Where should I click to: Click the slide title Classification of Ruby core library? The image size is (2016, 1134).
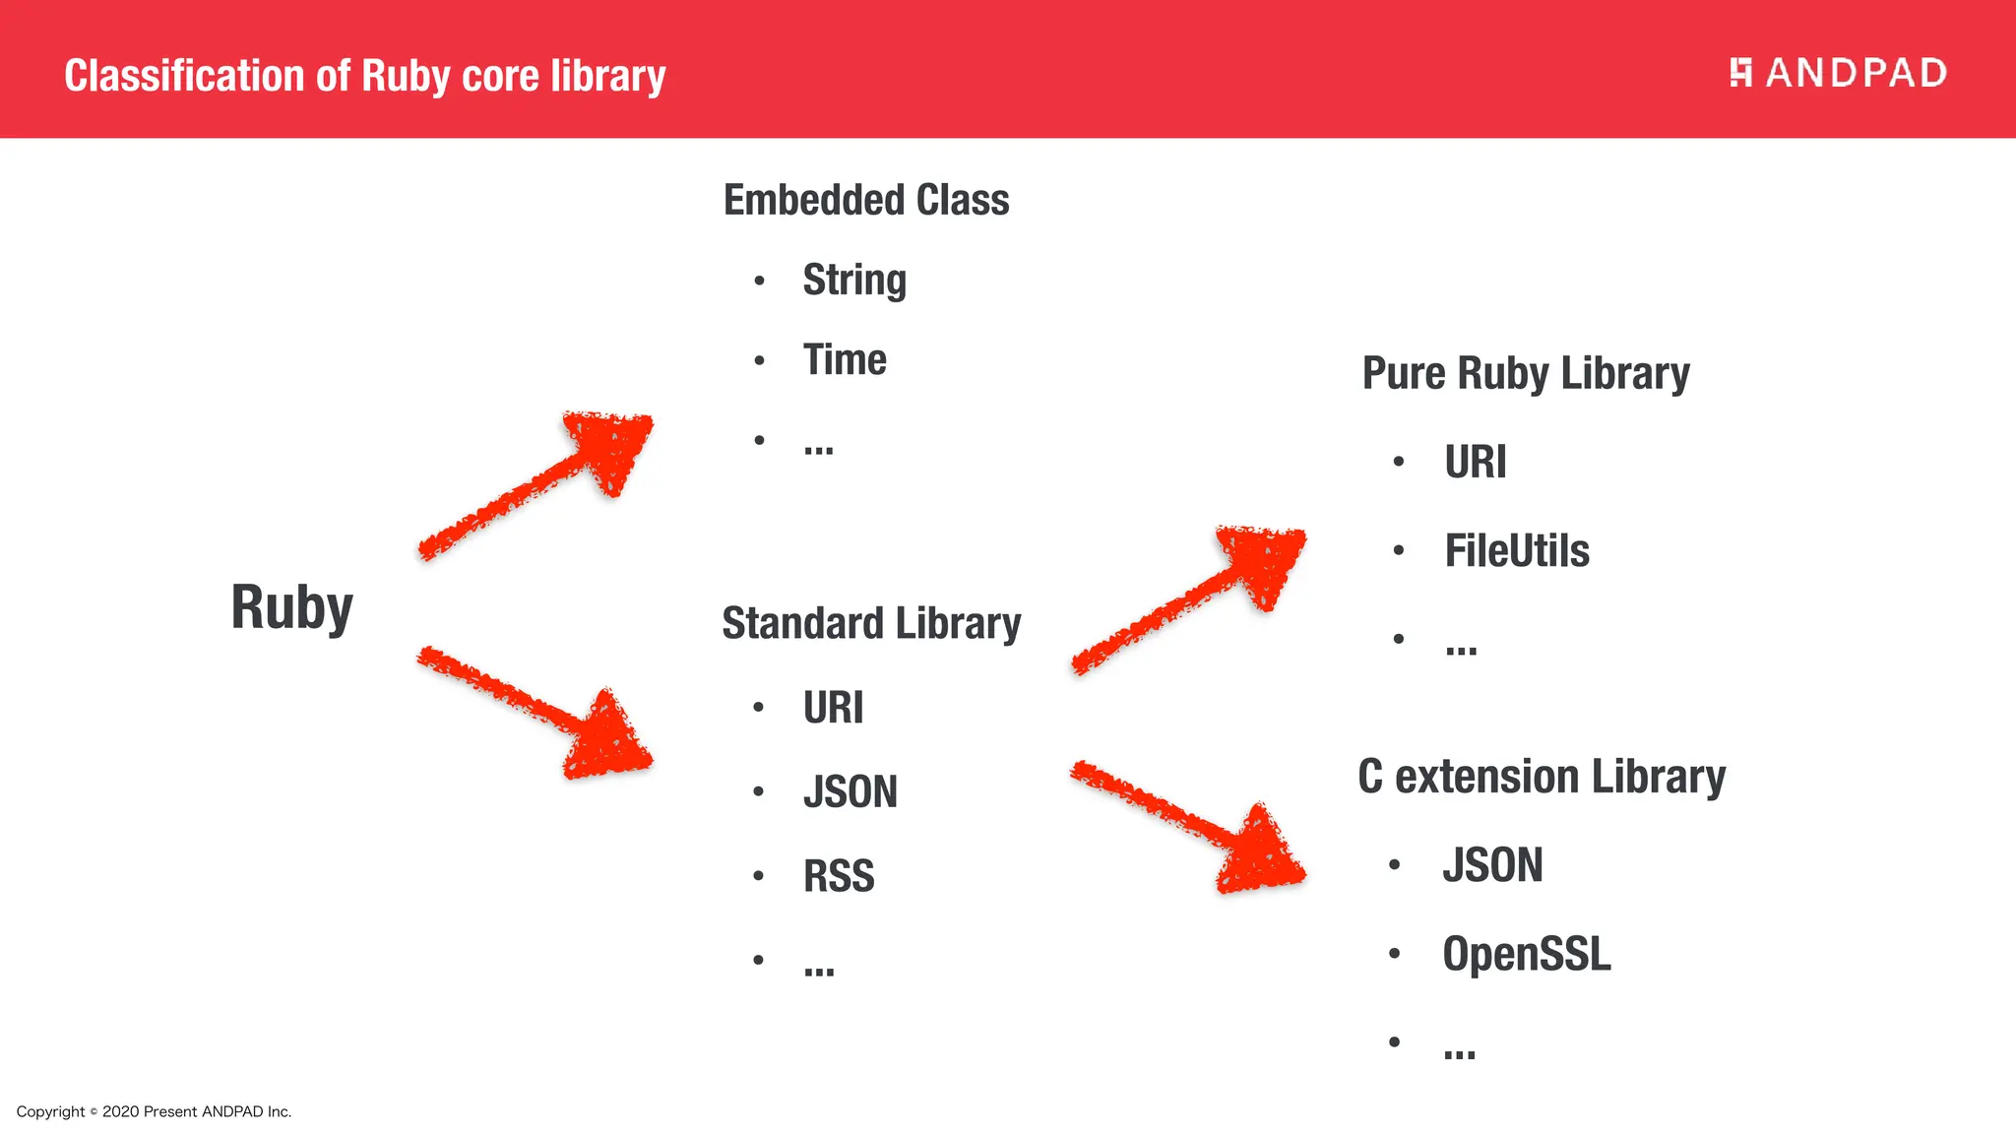[364, 76]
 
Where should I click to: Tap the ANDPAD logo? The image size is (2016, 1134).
[1838, 73]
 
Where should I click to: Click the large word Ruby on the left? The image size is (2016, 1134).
[291, 607]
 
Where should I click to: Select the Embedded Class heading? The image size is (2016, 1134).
[866, 200]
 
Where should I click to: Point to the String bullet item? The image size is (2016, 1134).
[854, 281]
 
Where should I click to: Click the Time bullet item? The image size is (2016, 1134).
[845, 360]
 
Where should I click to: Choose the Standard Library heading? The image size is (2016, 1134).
[871, 623]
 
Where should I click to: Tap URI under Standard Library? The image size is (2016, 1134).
[833, 708]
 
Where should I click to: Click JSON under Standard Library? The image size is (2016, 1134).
[850, 792]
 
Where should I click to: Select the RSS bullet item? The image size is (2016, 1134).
[839, 876]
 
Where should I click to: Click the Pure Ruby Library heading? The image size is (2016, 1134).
[1526, 374]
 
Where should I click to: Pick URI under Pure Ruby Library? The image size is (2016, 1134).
[1475, 462]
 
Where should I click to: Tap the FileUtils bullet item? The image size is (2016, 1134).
[1517, 550]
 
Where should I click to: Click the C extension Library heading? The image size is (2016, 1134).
[1542, 777]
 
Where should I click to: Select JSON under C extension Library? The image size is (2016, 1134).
[1492, 865]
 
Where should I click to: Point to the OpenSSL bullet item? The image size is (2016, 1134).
[1527, 954]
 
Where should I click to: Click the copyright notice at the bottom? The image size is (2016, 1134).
[154, 1111]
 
